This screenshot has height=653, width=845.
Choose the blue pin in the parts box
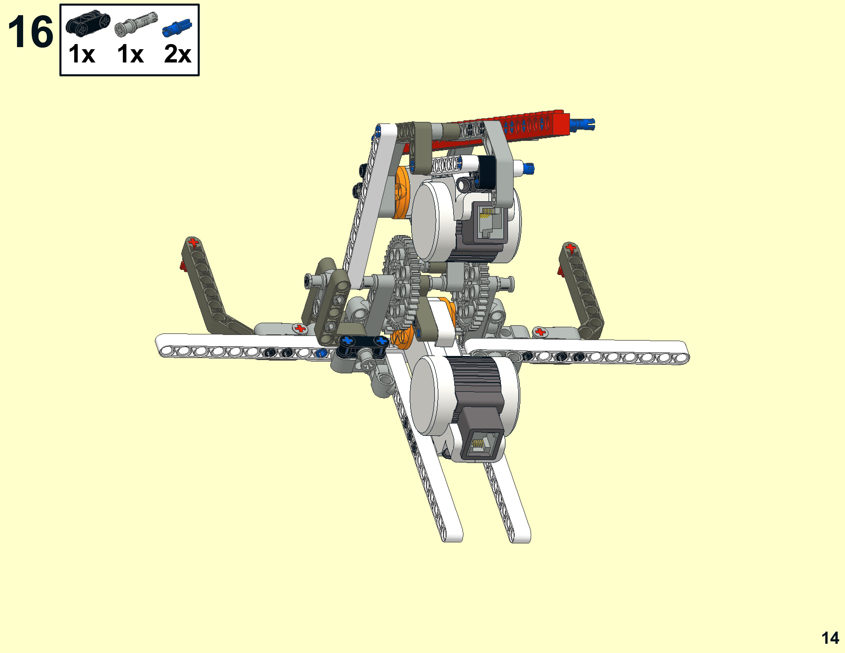pyautogui.click(x=177, y=28)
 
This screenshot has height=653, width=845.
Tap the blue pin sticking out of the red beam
pyautogui.click(x=582, y=124)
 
